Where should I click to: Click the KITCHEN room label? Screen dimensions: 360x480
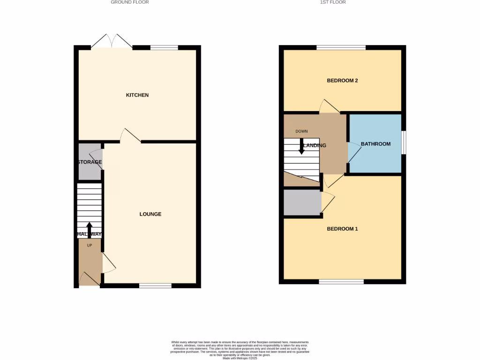137,95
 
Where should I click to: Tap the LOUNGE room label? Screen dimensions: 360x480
150,214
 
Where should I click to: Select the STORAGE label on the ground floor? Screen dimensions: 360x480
90,162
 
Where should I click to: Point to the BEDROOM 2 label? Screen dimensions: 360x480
342,81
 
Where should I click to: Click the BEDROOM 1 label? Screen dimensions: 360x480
342,229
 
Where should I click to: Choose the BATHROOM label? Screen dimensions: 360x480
375,144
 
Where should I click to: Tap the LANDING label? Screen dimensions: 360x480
315,145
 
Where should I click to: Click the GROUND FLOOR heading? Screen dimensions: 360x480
130,2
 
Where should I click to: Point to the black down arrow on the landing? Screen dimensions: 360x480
301,146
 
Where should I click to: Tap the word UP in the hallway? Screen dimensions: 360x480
90,245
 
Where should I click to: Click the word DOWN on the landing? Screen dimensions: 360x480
301,131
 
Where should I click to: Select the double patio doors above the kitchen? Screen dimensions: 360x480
112,41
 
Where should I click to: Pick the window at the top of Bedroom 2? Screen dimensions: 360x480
341,47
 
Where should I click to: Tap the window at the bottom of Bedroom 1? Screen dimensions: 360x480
341,282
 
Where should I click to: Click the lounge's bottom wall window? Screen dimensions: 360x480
155,285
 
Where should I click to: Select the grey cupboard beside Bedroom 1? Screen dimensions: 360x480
302,202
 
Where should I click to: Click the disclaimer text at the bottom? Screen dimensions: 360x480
240,349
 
